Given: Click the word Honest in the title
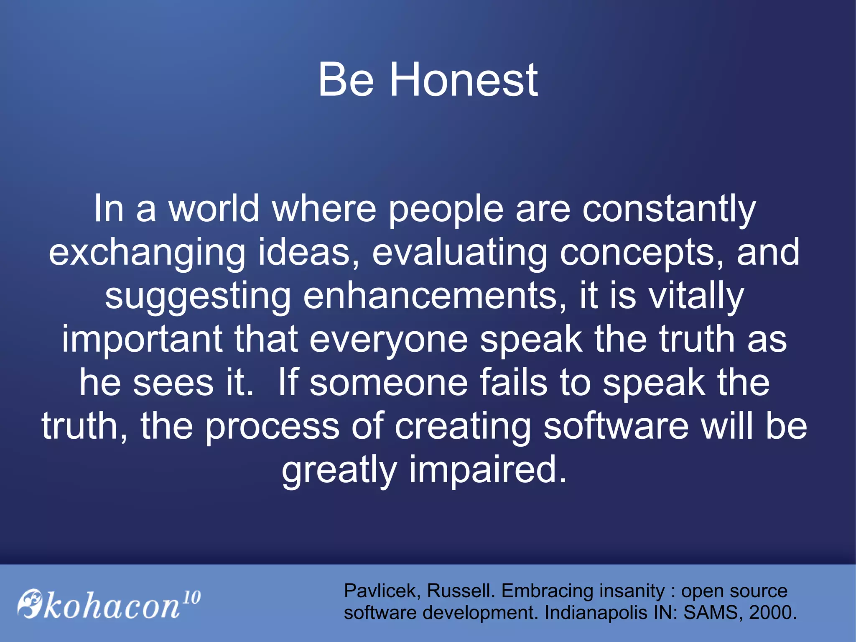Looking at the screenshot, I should click(x=464, y=79).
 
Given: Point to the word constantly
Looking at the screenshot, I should click(x=669, y=209).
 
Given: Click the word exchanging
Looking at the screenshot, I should click(x=147, y=253).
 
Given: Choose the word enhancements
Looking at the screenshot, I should click(x=434, y=297).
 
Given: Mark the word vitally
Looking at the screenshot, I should click(x=696, y=297).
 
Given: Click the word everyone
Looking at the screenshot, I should click(x=388, y=339).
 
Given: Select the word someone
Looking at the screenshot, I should click(x=388, y=383).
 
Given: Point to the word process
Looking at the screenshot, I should click(x=272, y=426).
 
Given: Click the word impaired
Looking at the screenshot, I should click(x=487, y=470).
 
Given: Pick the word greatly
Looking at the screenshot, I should click(x=339, y=470).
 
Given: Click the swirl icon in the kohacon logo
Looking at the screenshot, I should click(x=30, y=603).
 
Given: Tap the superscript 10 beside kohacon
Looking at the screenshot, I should click(x=192, y=597).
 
